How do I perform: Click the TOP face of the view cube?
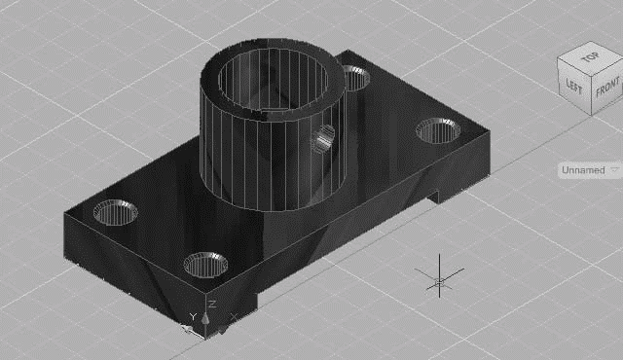(x=590, y=58)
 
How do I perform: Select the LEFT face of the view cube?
(x=573, y=86)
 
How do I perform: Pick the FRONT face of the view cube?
(x=607, y=89)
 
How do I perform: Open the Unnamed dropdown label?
(x=583, y=170)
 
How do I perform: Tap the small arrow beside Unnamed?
(x=614, y=170)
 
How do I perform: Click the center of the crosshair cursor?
(x=439, y=282)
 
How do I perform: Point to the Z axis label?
(x=212, y=305)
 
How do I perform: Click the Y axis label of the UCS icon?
(x=193, y=317)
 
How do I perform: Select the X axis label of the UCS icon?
(x=234, y=317)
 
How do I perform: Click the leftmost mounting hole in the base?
(x=115, y=212)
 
